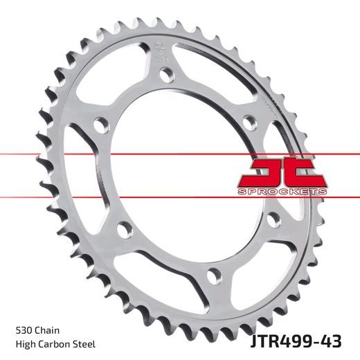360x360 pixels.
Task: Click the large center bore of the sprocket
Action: click(x=183, y=170)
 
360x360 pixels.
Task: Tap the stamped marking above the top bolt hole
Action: click(x=160, y=51)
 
